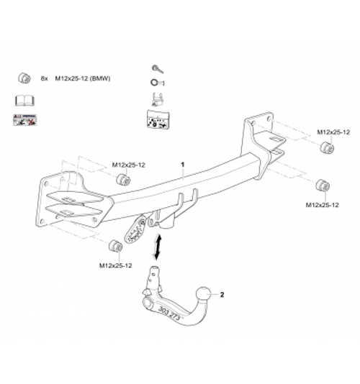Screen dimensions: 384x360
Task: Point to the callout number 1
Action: coord(184,165)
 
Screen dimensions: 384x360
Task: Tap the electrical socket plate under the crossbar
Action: coord(135,228)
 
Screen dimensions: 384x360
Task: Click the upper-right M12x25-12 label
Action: coord(333,133)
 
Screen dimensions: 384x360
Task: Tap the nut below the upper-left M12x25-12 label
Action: coord(122,178)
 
